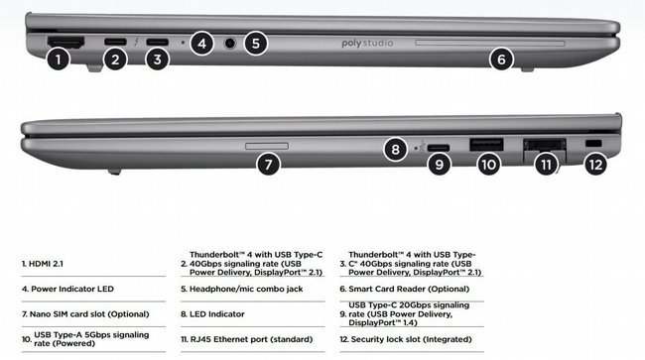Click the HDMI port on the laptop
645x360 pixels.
(65, 42)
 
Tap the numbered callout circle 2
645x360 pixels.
(115, 60)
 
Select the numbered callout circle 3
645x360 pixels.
(157, 60)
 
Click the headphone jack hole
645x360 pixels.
(230, 43)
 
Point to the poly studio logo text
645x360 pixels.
(367, 44)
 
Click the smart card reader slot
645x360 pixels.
(490, 43)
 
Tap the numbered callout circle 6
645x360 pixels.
(501, 60)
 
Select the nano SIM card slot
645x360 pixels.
(267, 146)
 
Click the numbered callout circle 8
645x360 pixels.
(395, 149)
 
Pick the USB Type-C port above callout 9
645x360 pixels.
(439, 148)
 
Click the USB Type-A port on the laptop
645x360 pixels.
(486, 145)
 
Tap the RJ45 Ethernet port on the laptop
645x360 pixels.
(545, 146)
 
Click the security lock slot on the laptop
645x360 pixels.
(593, 144)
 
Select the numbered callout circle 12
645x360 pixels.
(595, 165)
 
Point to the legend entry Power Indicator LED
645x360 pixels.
(67, 289)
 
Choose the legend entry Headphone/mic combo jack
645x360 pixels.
(242, 289)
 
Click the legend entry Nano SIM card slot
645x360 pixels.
(85, 314)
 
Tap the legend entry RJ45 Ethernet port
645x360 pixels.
(247, 339)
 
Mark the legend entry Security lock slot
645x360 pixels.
(406, 339)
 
